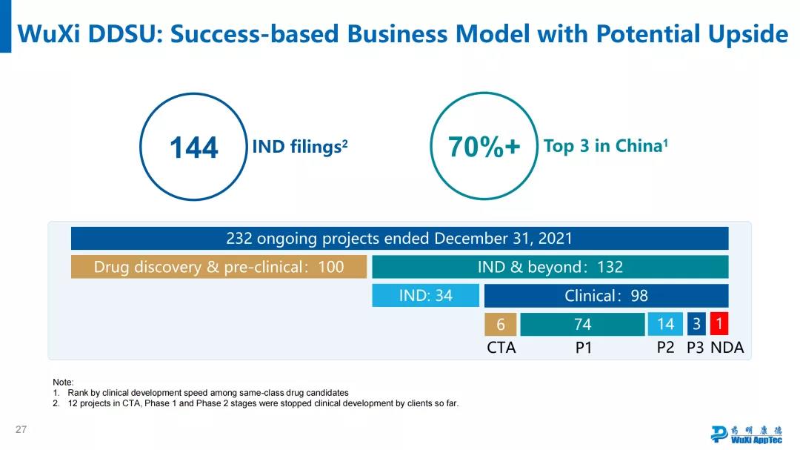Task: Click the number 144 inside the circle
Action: pyautogui.click(x=194, y=148)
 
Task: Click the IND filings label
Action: pyautogui.click(x=300, y=147)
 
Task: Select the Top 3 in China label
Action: pyautogui.click(x=606, y=146)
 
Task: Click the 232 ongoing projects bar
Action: pyautogui.click(x=399, y=239)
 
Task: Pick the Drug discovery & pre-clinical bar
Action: pyautogui.click(x=219, y=267)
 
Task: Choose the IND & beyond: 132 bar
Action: pyautogui.click(x=550, y=267)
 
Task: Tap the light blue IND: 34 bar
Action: pyautogui.click(x=425, y=296)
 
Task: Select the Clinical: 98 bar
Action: pyautogui.click(x=606, y=296)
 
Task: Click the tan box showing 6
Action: pyautogui.click(x=501, y=324)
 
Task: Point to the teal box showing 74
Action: pyautogui.click(x=582, y=324)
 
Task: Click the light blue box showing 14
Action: pyautogui.click(x=665, y=324)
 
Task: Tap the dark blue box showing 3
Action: pyautogui.click(x=696, y=324)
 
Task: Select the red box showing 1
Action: pyautogui.click(x=719, y=324)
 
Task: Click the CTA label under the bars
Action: pyautogui.click(x=501, y=348)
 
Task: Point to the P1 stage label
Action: pyautogui.click(x=584, y=348)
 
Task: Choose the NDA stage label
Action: pyautogui.click(x=727, y=348)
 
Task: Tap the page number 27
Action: pyautogui.click(x=21, y=430)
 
